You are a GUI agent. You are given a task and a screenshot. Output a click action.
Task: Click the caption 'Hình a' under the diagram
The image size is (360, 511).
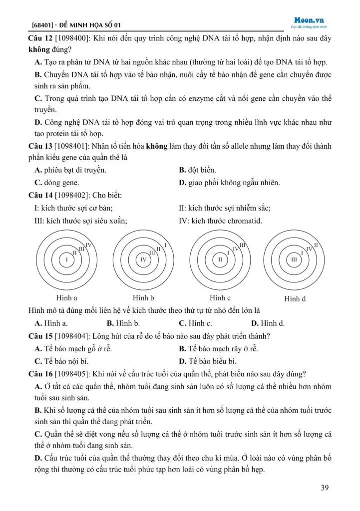[x=66, y=298]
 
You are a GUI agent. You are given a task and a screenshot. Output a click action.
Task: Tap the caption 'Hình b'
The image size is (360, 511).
[x=143, y=298]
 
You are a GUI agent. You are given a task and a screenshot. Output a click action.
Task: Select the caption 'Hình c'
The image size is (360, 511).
[x=220, y=298]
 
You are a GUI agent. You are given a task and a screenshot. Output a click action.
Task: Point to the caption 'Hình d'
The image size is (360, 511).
[x=295, y=299]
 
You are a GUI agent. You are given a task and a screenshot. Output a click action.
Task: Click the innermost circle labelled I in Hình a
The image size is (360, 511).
[x=66, y=259]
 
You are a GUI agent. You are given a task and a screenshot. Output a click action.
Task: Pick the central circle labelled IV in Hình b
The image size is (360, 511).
[x=143, y=259]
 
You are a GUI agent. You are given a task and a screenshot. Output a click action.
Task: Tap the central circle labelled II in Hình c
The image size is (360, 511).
[x=220, y=259]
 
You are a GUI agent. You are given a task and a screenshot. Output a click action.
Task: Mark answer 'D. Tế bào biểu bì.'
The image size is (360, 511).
[x=208, y=361]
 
